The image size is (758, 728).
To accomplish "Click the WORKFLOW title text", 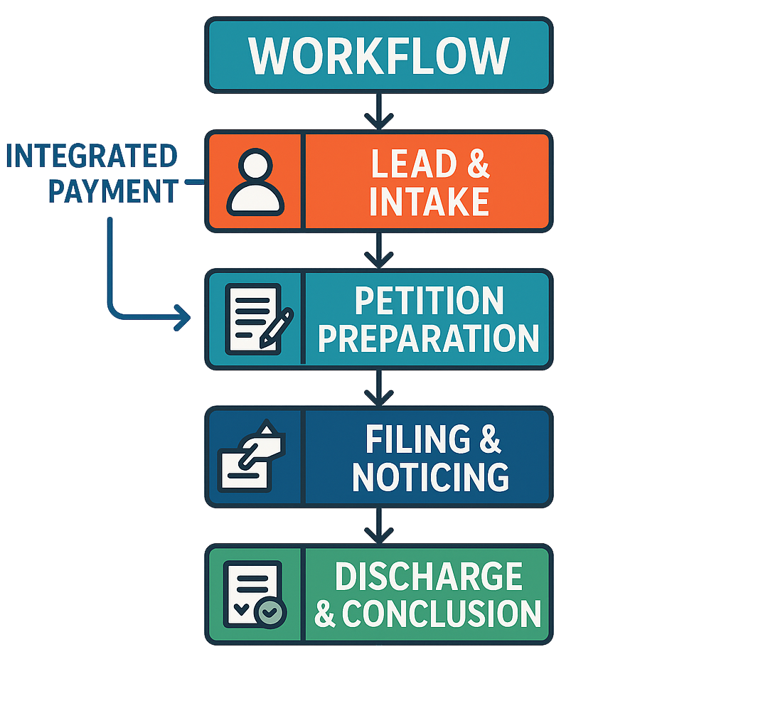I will point(378,55).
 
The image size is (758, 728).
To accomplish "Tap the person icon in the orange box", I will point(255,182).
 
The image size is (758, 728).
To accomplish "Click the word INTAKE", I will point(429,201).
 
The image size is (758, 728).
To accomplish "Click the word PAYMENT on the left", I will point(113,191).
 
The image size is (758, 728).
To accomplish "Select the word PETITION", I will point(429,301).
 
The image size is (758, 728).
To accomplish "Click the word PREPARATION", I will point(429,338).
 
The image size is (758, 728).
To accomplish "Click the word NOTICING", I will point(430,477).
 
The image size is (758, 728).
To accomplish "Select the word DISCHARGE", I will point(429,577).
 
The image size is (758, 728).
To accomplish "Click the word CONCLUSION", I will point(442,614).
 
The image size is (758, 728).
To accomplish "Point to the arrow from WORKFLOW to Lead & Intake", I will point(378,111).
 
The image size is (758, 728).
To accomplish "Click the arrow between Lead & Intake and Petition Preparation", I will point(378,250).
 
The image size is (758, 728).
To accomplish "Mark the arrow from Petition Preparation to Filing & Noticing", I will point(378,388).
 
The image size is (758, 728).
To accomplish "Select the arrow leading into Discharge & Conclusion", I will point(378,526).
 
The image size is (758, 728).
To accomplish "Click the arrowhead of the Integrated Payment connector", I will point(183,318).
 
